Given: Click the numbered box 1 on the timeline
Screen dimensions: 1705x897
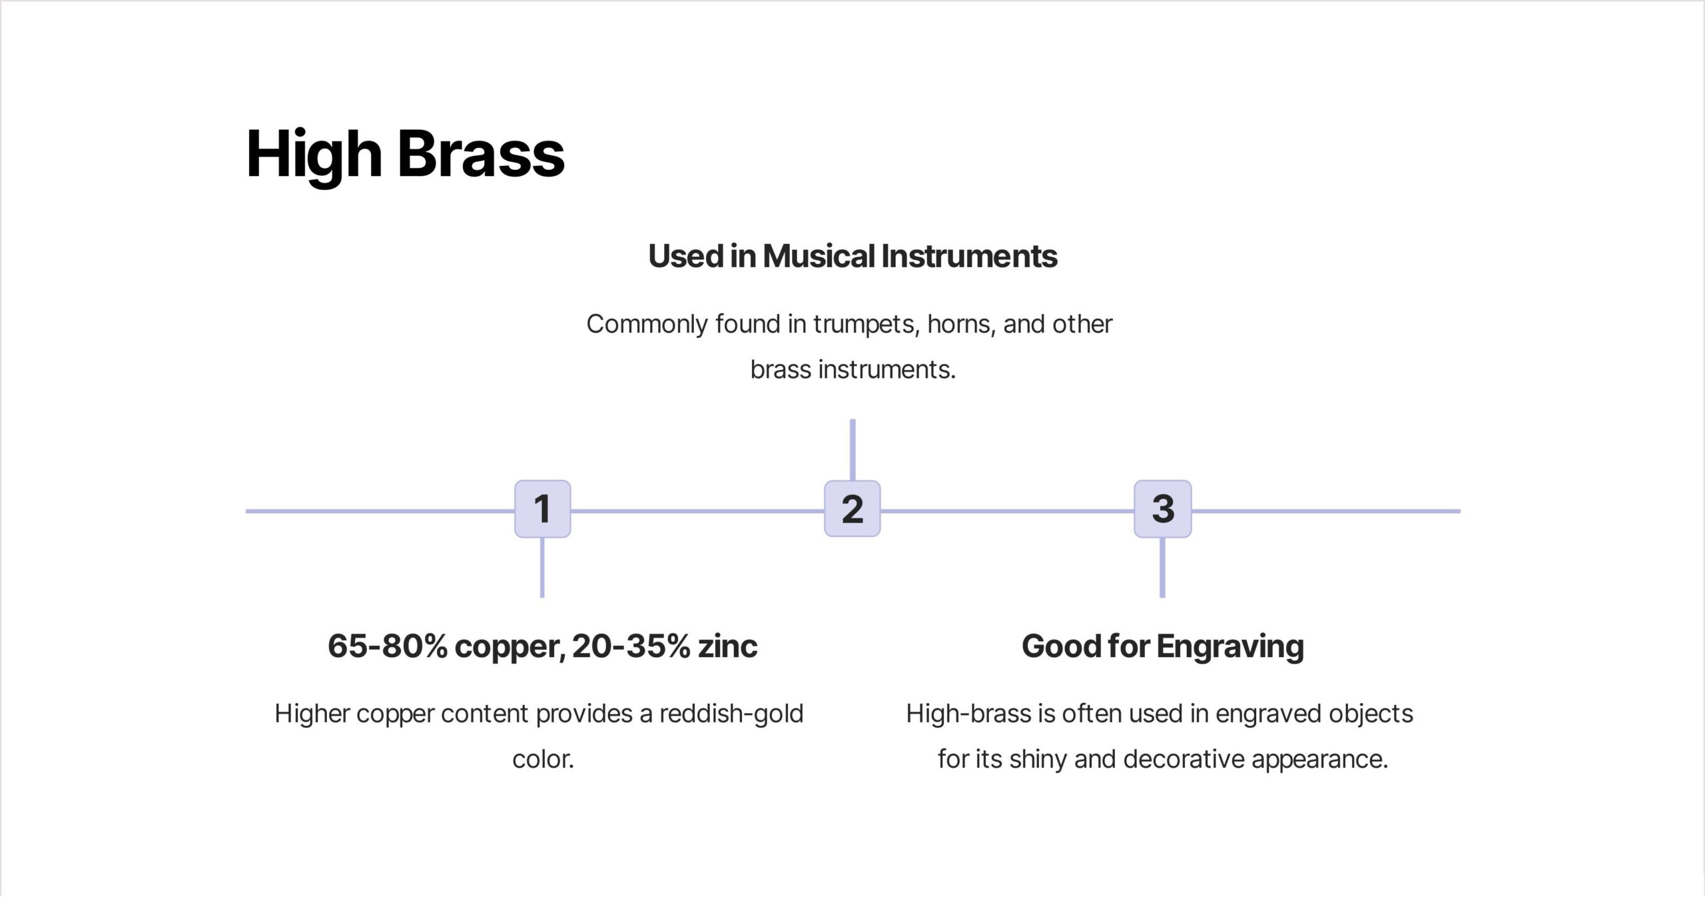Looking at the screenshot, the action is [x=542, y=508].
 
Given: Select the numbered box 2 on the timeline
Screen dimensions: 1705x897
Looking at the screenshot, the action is [x=852, y=508].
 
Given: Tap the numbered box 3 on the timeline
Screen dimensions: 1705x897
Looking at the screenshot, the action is [x=1163, y=508].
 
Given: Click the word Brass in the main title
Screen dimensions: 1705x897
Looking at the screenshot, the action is [x=481, y=154].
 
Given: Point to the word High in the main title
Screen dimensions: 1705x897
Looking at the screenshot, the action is [x=314, y=157].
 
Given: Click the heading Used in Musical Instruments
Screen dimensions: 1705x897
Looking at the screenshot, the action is [x=852, y=257].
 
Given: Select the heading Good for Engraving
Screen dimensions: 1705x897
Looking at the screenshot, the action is [x=1163, y=647].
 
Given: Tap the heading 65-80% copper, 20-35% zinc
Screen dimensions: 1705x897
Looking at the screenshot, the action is [x=542, y=646].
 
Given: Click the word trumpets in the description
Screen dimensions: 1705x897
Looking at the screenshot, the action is [x=866, y=325].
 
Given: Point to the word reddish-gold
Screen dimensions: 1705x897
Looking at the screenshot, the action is [x=731, y=714].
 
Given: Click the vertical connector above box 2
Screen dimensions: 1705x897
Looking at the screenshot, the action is [x=852, y=450].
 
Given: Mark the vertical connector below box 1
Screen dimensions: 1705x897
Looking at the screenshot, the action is [x=542, y=567].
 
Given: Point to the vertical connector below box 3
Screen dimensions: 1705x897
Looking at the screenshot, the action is [x=1163, y=567].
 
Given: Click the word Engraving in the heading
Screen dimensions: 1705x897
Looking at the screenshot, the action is [x=1230, y=647].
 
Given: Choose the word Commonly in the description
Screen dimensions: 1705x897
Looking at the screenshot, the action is [x=647, y=325].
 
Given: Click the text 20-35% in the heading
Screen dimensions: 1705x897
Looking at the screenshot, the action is [x=631, y=646].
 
